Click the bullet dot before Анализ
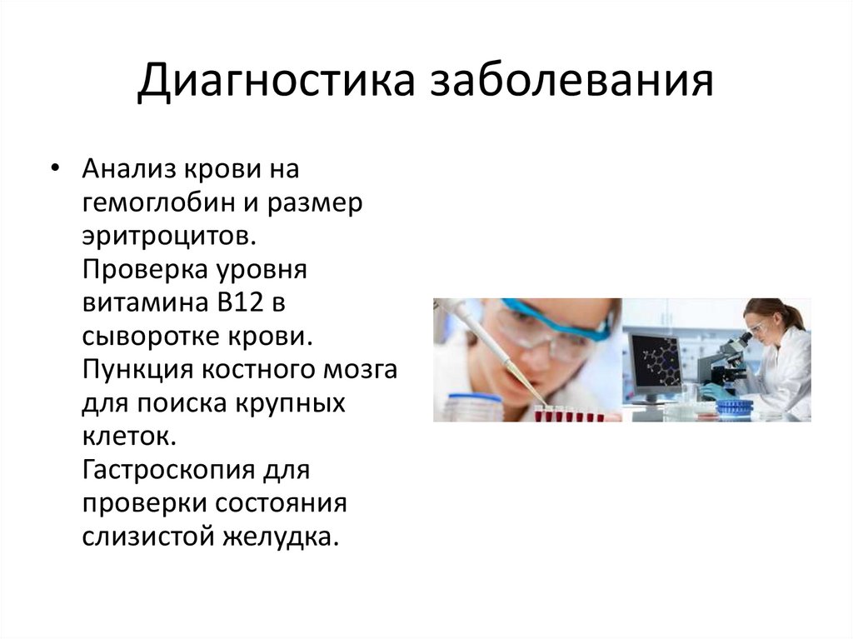pyautogui.click(x=55, y=168)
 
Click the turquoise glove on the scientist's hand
pyautogui.click(x=713, y=390)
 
